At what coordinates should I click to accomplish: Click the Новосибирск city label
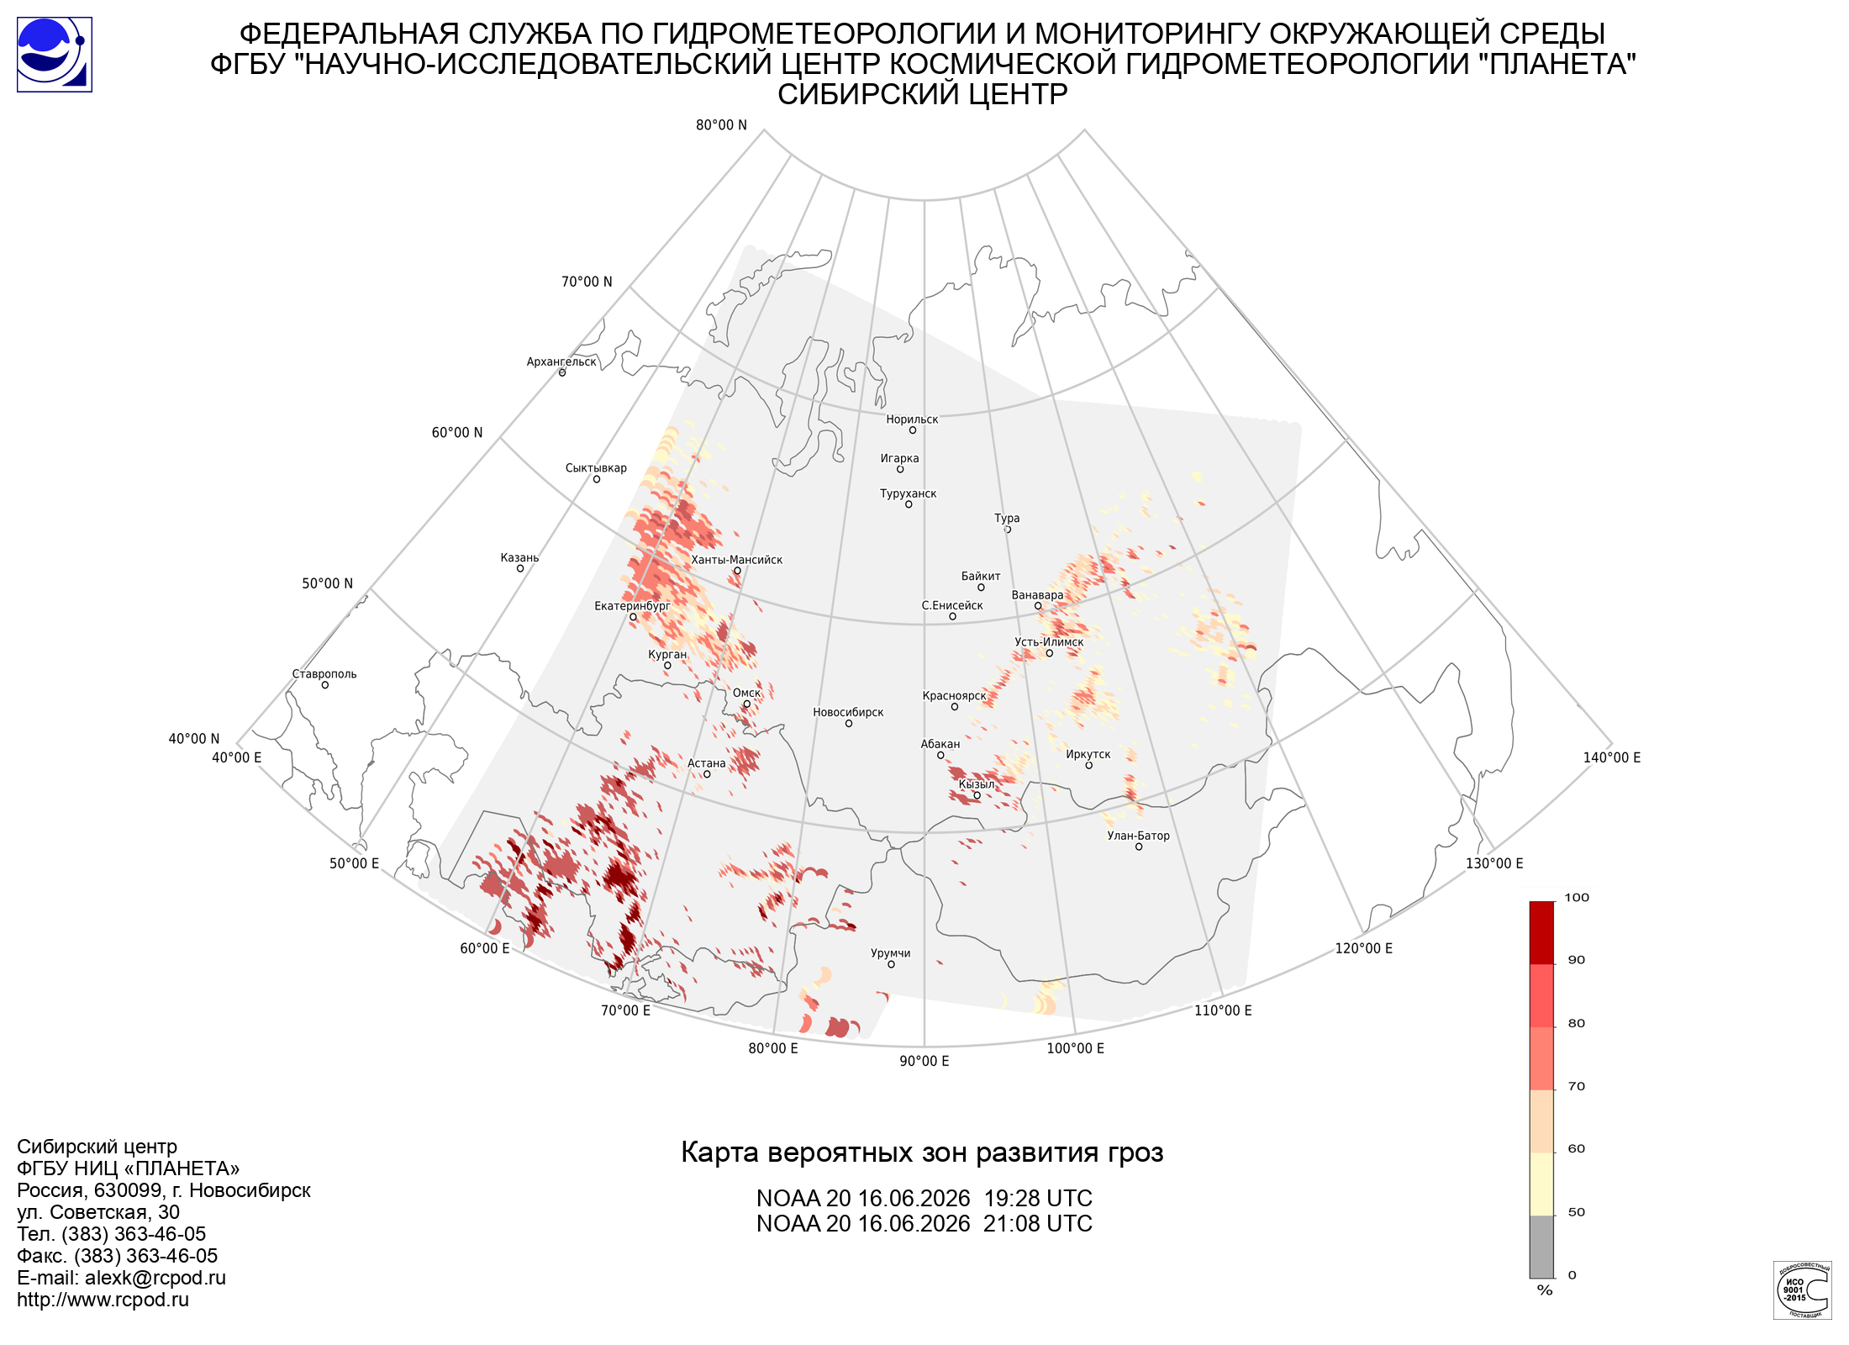(848, 712)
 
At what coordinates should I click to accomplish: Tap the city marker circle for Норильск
(912, 430)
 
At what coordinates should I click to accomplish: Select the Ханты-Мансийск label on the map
(736, 560)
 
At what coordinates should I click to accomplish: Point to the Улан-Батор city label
(1138, 836)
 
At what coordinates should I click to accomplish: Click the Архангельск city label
(561, 361)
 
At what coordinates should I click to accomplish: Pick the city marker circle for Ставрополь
(324, 685)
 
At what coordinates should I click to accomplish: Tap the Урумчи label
(890, 953)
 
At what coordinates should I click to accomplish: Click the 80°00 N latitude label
(721, 125)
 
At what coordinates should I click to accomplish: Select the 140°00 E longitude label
(1612, 757)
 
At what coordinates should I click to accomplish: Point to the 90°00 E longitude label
(924, 1061)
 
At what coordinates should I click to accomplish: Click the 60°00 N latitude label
(457, 433)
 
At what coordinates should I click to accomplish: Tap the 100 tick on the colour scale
(1577, 898)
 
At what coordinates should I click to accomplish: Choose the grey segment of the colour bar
(1541, 1247)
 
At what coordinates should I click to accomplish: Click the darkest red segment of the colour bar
(1541, 933)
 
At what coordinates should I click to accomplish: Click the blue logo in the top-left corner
(55, 55)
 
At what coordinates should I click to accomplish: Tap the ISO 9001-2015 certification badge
(1802, 1290)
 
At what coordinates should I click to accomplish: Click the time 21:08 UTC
(1038, 1224)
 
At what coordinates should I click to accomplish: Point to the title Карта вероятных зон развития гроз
(922, 1152)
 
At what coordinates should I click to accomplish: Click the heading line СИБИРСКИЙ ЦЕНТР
(922, 94)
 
